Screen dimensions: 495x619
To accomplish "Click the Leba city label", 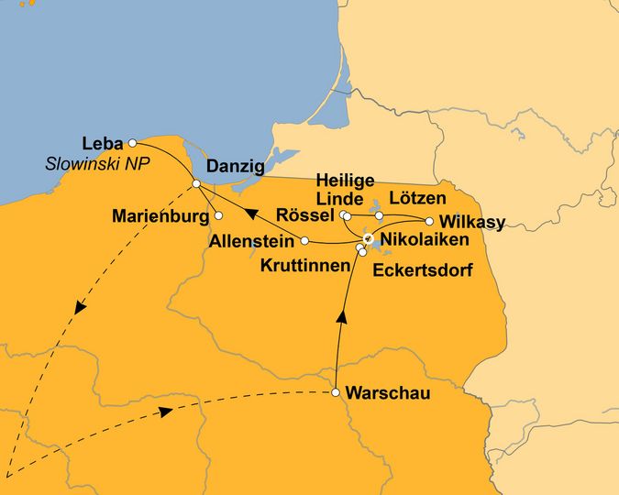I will click(x=102, y=143).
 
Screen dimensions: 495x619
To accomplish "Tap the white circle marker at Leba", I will click(x=133, y=143).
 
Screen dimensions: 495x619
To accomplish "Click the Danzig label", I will click(x=236, y=167).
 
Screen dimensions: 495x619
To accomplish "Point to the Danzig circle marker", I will click(x=196, y=185).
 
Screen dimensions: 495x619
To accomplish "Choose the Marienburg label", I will click(x=160, y=216).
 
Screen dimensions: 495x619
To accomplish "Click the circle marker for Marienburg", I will click(x=218, y=216).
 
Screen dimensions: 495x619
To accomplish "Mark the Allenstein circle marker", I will click(x=304, y=241).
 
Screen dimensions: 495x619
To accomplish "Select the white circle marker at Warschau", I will click(x=337, y=393).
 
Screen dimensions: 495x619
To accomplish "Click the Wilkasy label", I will click(x=472, y=222).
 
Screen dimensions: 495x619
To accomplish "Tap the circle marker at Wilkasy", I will click(x=429, y=221).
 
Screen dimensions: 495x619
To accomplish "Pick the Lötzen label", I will click(x=417, y=198).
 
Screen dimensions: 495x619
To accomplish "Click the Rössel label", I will click(x=304, y=215).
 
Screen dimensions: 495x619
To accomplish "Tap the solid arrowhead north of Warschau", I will click(x=341, y=317).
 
